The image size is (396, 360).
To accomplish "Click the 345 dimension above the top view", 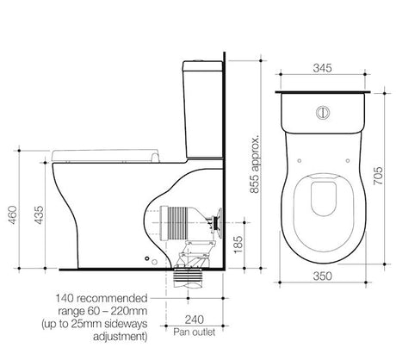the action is pyautogui.click(x=322, y=68).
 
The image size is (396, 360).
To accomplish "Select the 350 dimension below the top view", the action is pyautogui.click(x=322, y=276).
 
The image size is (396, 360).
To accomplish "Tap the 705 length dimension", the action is pyautogui.click(x=378, y=176).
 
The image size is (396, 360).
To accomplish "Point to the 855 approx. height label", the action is pyautogui.click(x=254, y=163).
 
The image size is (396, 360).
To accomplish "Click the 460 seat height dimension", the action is pyautogui.click(x=13, y=214).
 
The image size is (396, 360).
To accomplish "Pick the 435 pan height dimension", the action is pyautogui.click(x=39, y=214).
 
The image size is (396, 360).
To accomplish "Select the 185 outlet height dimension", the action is pyautogui.click(x=238, y=245).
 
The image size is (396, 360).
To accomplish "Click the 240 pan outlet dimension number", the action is pyautogui.click(x=195, y=320).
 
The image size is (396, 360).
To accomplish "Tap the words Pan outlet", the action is pyautogui.click(x=195, y=332).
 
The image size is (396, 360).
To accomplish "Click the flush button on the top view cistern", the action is pyautogui.click(x=323, y=112).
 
